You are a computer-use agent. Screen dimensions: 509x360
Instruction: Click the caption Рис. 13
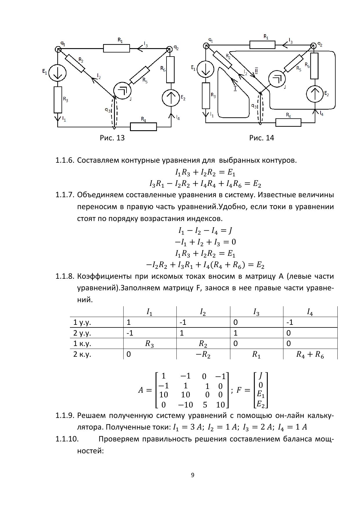point(112,138)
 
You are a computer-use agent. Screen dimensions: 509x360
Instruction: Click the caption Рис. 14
point(261,138)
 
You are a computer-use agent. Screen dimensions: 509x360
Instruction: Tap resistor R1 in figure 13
point(116,48)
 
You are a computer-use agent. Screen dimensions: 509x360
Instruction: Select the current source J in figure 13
point(122,90)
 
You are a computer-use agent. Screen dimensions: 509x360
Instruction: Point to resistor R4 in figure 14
point(288,122)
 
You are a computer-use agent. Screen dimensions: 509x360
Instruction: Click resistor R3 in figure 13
point(58,100)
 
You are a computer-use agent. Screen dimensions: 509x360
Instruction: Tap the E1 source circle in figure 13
point(57,73)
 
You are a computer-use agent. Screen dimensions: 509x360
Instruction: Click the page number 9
point(193,475)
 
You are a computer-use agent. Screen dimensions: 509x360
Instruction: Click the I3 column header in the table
point(256,312)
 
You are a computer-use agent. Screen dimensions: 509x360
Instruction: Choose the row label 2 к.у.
point(82,354)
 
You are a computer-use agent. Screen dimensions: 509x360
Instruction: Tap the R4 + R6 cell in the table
point(310,354)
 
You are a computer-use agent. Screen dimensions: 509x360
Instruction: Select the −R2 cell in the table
point(203,354)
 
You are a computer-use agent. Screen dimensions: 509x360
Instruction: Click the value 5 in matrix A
point(205,405)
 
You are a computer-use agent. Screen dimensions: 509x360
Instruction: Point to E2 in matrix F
point(261,403)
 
